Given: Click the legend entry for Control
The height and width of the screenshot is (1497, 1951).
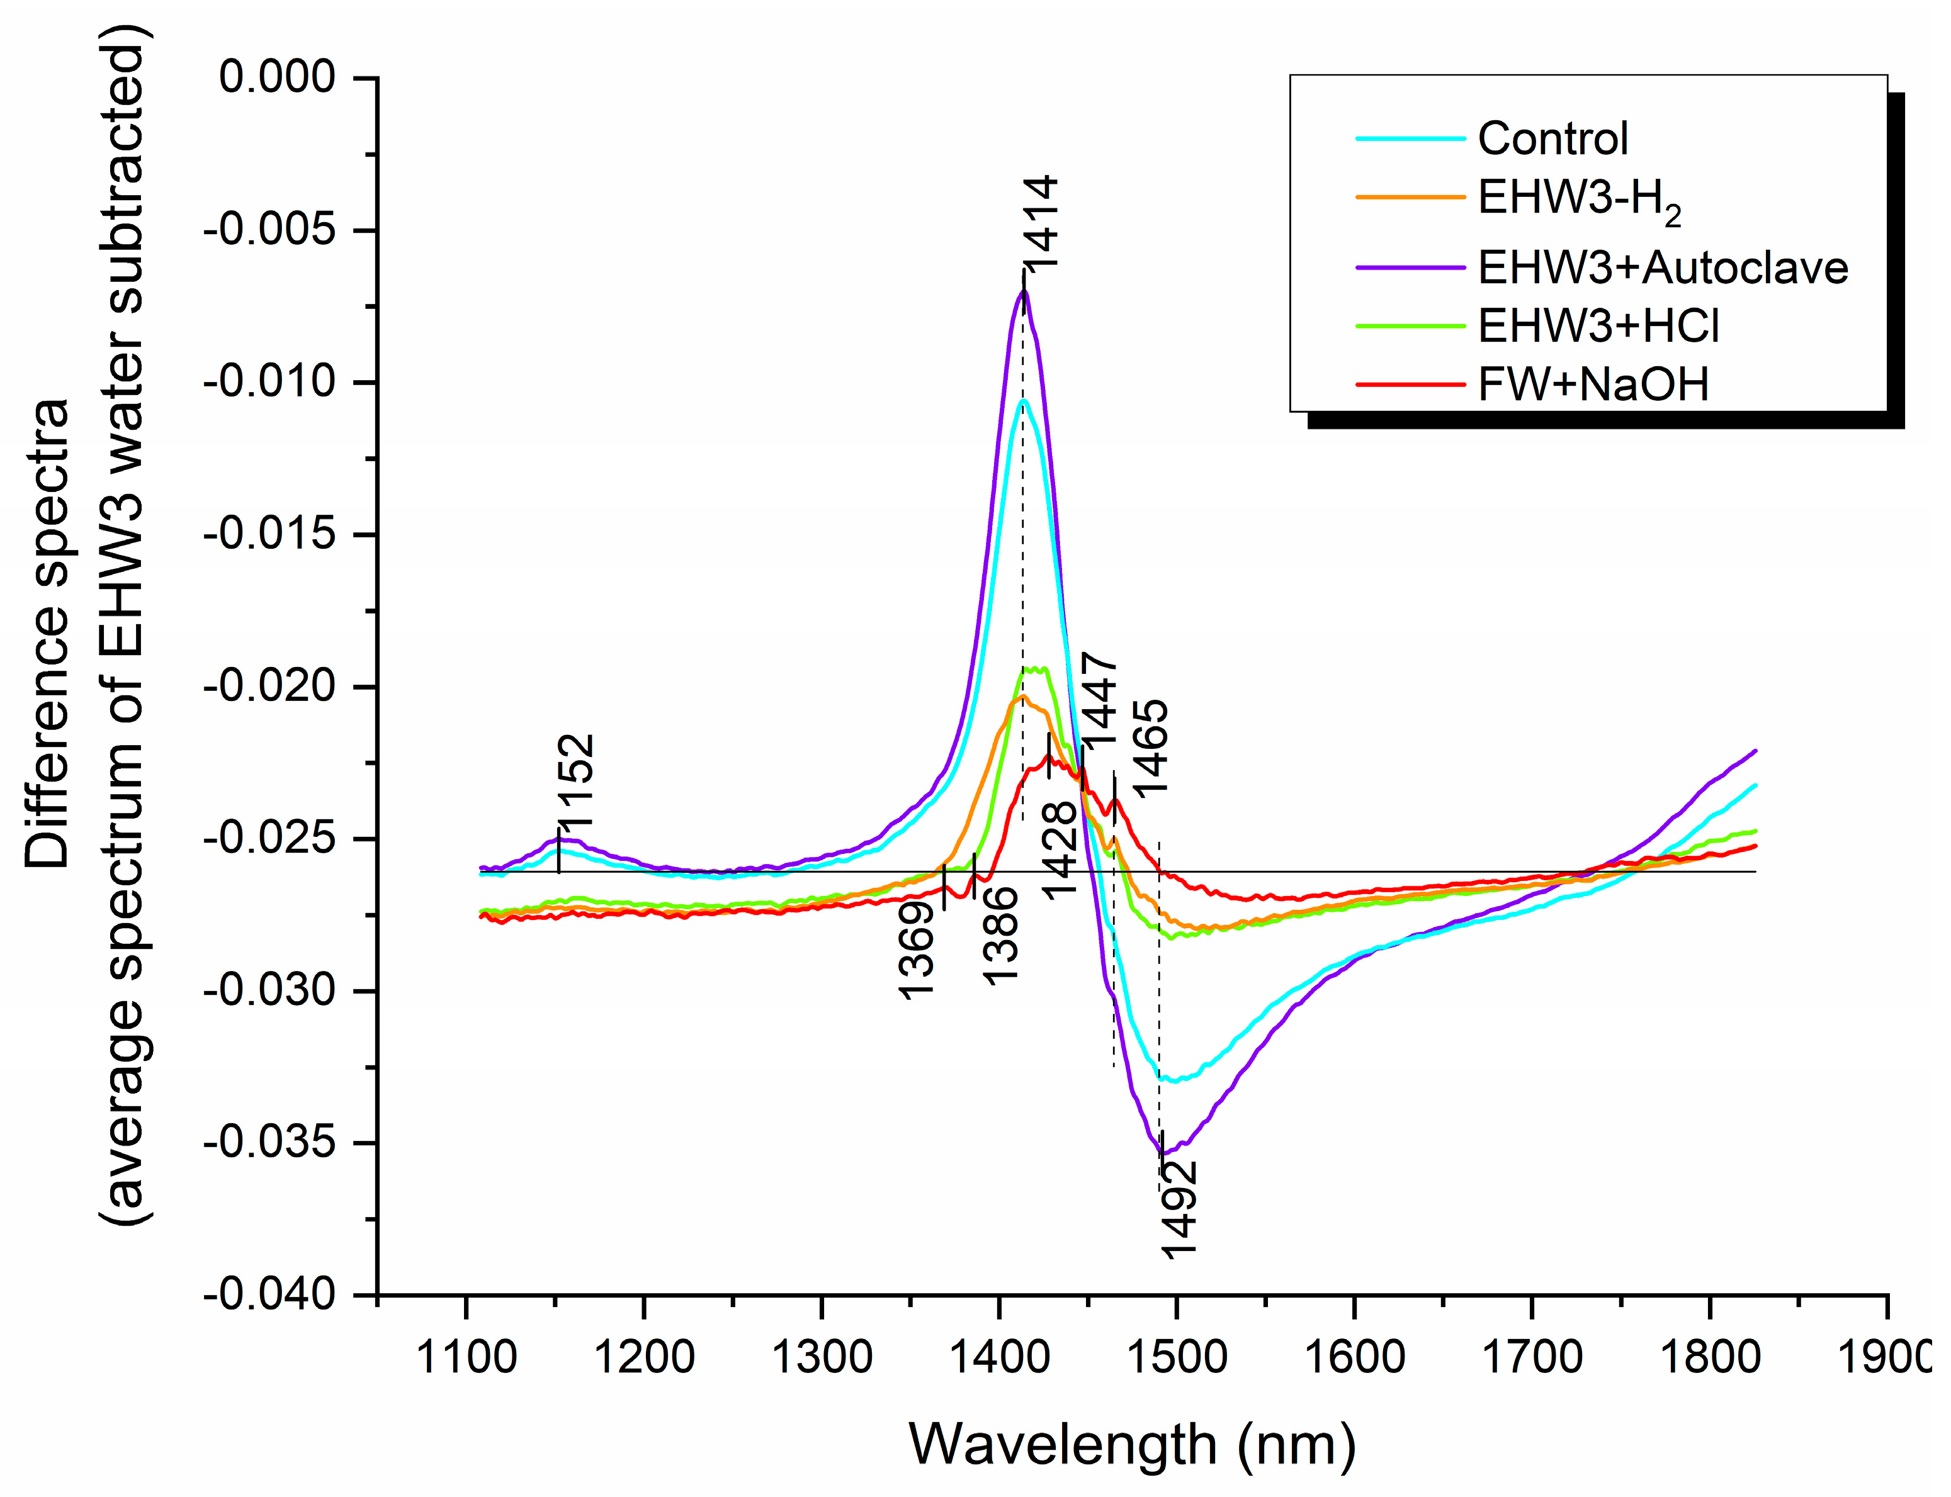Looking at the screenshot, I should tap(1552, 138).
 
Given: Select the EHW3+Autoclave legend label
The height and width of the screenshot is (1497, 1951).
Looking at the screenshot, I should tap(1662, 267).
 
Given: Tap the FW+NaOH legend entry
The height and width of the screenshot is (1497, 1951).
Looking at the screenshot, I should tap(1593, 385).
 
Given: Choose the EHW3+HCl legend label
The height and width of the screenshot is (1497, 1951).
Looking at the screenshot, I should tap(1598, 326).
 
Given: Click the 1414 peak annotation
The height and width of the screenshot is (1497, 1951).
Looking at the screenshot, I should tap(1040, 223).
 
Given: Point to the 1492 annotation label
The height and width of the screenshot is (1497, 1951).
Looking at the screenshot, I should tap(1179, 1209).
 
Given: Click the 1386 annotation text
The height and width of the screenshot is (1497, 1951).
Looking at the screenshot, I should tap(1000, 934).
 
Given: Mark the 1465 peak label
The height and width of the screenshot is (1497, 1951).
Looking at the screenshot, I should tap(1150, 747).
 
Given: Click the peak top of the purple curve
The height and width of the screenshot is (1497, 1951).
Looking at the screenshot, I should tap(1023, 291).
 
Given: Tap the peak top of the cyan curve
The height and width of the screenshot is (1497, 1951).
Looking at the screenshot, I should tap(1025, 402).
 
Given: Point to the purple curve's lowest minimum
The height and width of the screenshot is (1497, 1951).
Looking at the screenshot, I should tap(1164, 1153).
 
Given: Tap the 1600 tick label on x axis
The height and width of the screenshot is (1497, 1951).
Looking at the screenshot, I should tap(1354, 1358).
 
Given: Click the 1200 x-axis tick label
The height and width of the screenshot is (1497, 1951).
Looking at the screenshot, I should tap(643, 1358).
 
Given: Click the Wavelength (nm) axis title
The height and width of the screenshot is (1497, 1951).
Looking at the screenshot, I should tap(1132, 1444).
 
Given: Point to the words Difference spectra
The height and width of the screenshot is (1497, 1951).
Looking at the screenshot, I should tap(47, 632).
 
